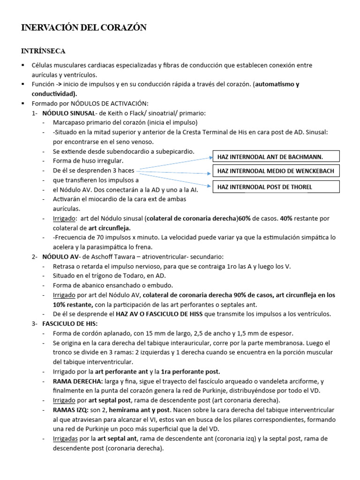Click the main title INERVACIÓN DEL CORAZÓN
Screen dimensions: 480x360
click(x=84, y=28)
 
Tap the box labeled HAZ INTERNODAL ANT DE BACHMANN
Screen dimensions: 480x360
click(x=276, y=157)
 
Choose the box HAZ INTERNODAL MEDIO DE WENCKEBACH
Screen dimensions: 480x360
click(x=276, y=171)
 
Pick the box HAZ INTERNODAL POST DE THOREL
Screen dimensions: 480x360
click(x=276, y=187)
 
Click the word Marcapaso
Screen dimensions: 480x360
click(x=70, y=123)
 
